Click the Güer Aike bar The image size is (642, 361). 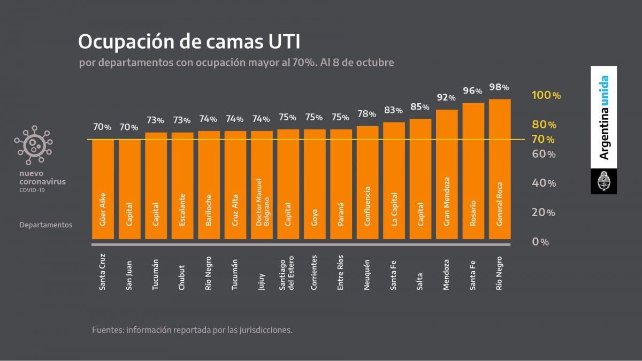(x=103, y=190)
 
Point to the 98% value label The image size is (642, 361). (x=499, y=87)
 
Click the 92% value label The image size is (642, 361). (x=446, y=98)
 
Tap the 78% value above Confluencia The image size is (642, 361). (x=367, y=114)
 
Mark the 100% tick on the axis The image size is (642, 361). (x=546, y=95)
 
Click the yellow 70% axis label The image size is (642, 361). (x=543, y=140)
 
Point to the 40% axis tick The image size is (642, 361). (x=544, y=183)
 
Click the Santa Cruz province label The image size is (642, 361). (x=103, y=273)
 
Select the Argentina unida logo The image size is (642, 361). (x=603, y=117)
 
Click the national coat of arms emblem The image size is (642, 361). (x=603, y=181)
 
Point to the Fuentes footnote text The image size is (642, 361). (x=192, y=329)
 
